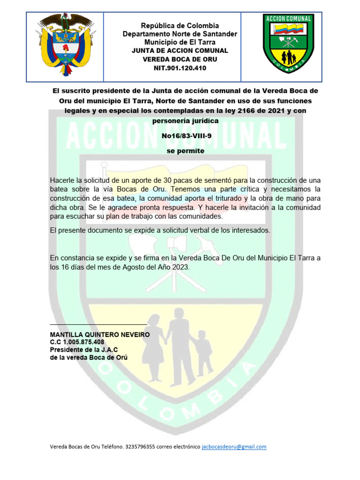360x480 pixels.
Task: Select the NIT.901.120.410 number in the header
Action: tap(180, 68)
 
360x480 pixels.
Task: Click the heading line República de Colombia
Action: tap(180, 26)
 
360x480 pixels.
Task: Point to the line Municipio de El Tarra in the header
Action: tap(180, 43)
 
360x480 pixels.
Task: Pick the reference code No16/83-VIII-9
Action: tap(186, 136)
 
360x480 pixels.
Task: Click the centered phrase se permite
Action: tap(186, 151)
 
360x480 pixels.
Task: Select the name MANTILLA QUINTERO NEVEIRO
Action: tap(100, 335)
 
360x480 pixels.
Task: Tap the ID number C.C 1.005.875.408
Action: tap(77, 342)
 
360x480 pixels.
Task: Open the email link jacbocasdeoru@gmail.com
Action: tap(234, 447)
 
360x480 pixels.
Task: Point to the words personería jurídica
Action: tap(186, 120)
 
